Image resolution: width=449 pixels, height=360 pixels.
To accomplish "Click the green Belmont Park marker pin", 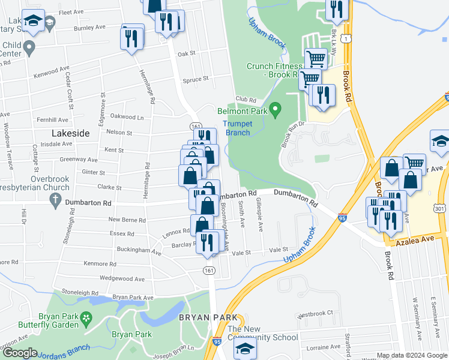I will pyautogui.click(x=276, y=110).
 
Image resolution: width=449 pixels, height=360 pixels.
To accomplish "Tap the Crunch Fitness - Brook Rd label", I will pyautogui.click(x=272, y=70).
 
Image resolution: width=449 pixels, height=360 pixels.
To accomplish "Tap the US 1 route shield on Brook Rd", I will pyautogui.click(x=346, y=38).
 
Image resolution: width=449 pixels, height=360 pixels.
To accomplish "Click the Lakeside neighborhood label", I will pyautogui.click(x=70, y=133).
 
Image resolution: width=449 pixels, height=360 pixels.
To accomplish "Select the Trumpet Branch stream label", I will pyautogui.click(x=237, y=128).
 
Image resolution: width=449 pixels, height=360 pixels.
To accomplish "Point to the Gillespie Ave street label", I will pyautogui.click(x=260, y=215).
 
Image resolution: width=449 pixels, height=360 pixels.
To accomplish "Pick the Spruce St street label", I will pyautogui.click(x=195, y=79).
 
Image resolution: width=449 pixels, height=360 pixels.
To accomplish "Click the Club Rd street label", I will pyautogui.click(x=246, y=100).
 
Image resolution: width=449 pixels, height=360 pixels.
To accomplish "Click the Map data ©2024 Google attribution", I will pyautogui.click(x=412, y=355).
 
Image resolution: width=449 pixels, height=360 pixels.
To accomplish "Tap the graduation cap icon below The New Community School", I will pyautogui.click(x=245, y=349).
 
